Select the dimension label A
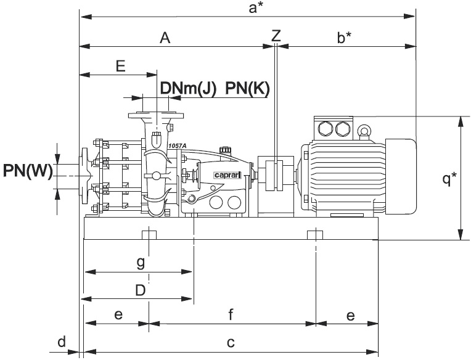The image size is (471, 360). tap(165, 38)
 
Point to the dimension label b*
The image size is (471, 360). tap(345, 38)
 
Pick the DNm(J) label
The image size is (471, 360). tap(188, 89)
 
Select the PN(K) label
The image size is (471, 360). tap(247, 89)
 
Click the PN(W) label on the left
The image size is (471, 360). tap(27, 170)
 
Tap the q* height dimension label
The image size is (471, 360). tap(451, 179)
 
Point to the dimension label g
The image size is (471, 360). tap(141, 263)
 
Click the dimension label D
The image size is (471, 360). tap(141, 290)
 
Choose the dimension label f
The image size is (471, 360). tap(231, 315)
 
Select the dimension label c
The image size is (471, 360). tap(231, 343)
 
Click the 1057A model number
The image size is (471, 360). tap(177, 145)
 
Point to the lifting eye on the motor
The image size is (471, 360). tap(364, 131)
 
